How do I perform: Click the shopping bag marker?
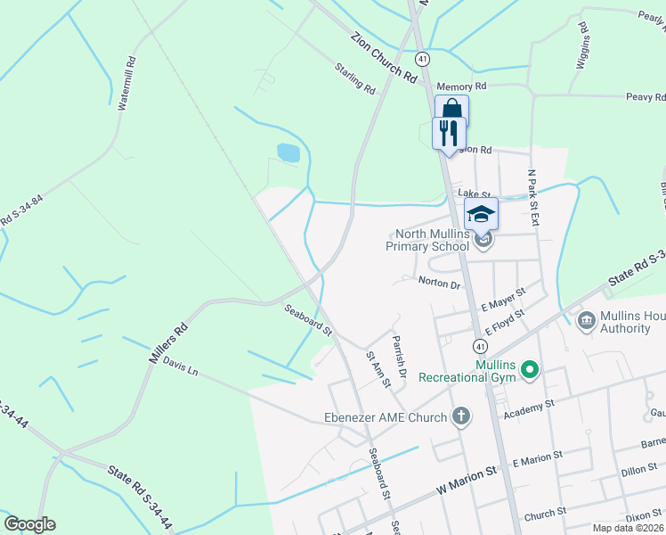(451, 109)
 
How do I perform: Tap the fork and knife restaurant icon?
(448, 134)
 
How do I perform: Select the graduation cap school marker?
(481, 214)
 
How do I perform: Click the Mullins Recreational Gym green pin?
(530, 368)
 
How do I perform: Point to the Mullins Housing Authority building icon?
(586, 320)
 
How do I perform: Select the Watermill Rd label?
(127, 84)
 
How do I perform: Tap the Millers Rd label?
(167, 342)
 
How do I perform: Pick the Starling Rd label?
(355, 78)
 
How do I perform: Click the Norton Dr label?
(439, 284)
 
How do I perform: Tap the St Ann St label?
(378, 368)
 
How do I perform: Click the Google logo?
(29, 524)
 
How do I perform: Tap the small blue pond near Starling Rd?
(288, 152)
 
